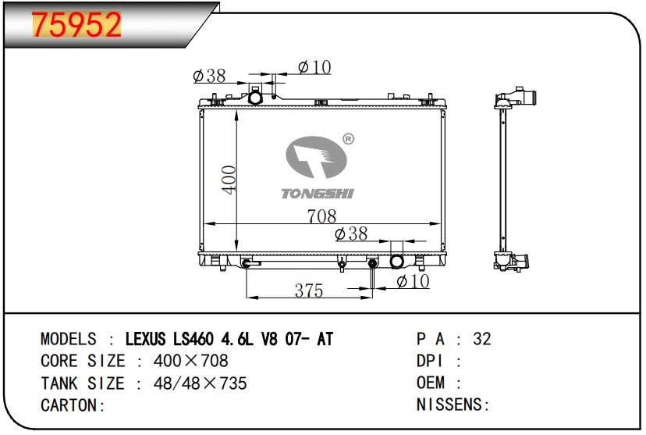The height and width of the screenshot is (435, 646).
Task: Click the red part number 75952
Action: pos(76,25)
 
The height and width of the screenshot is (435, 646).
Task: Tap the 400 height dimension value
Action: pos(229,180)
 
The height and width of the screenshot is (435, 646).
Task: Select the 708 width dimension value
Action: pos(321,216)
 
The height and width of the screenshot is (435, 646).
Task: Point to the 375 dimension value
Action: pos(309,291)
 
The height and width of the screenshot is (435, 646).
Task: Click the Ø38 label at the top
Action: pos(209,76)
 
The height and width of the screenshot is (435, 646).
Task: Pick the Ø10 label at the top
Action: pos(314,67)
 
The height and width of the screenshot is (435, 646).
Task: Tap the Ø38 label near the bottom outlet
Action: pos(351,234)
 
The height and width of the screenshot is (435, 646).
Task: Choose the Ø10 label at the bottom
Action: pos(413,282)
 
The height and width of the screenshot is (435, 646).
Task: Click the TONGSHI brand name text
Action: pos(318,194)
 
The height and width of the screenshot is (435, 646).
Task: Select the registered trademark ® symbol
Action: pos(348,139)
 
